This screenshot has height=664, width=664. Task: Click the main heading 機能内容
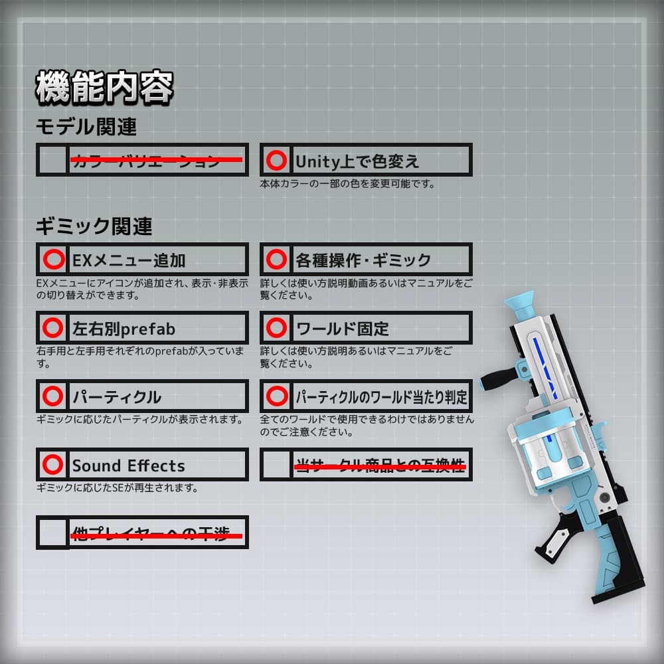[x=104, y=87]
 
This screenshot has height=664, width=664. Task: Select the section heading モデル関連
[x=86, y=125]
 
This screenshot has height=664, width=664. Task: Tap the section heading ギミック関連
[x=94, y=226]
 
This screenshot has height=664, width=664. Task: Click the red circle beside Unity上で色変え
[x=276, y=160]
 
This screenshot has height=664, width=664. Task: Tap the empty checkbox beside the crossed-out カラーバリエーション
[x=52, y=160]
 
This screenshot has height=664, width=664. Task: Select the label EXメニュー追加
[x=129, y=260]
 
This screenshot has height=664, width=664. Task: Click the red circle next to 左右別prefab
[x=52, y=327]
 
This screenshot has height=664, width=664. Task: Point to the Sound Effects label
[x=128, y=465]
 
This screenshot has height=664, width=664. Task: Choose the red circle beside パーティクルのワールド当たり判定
[x=276, y=396]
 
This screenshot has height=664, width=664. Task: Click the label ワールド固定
[x=342, y=328]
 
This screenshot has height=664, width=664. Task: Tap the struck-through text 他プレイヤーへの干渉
[x=156, y=533]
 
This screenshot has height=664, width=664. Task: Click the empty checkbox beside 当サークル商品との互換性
[x=275, y=465]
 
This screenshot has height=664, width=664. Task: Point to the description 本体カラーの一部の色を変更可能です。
[x=347, y=184]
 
